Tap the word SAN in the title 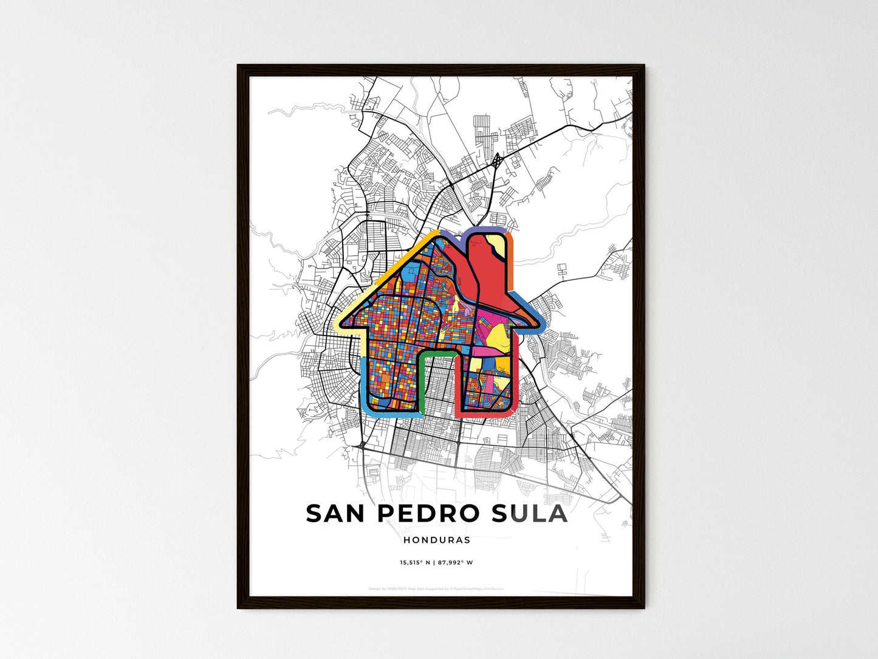coord(337,514)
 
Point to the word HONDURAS coord(436,540)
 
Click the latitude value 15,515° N coord(415,562)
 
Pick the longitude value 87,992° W coord(455,562)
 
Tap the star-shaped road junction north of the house coord(497,160)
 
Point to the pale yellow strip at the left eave coord(341,323)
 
